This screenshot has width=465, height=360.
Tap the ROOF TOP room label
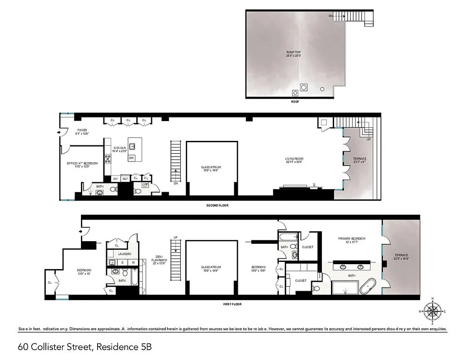293,54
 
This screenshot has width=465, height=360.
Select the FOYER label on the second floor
82,131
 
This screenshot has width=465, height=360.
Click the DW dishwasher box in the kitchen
131,158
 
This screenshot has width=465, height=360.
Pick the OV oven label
115,179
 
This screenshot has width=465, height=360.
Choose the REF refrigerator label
125,179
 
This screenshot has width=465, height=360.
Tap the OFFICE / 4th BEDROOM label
81,163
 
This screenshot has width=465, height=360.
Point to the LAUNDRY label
124,254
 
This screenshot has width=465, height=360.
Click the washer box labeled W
133,262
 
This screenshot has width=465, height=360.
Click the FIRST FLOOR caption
232,304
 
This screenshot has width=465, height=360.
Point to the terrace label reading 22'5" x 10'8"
400,257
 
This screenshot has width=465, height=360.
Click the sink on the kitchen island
133,146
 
